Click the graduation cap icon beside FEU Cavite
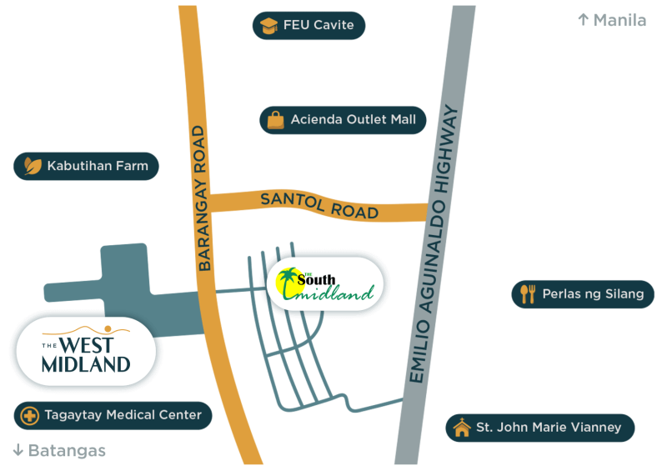[268, 26]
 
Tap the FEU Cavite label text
[318, 26]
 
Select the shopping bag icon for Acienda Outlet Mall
[275, 120]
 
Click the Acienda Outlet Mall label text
[353, 120]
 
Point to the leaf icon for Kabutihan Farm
[32, 166]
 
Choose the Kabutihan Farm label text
[98, 166]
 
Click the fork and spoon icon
[527, 293]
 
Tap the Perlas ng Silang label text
[593, 293]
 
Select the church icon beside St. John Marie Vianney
[461, 428]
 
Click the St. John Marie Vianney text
[548, 428]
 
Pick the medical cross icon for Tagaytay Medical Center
[30, 415]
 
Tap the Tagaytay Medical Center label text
[123, 415]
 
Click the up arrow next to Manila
[583, 19]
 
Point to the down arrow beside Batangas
[18, 451]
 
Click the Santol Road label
[319, 205]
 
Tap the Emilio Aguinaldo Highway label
[441, 244]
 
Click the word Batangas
[68, 451]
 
